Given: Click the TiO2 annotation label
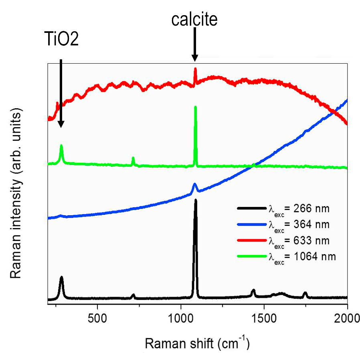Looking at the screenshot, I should (61, 40).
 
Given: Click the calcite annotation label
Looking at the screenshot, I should (194, 20).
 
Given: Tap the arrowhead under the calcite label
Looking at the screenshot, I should (195, 58).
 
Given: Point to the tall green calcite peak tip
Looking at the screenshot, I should (195, 107).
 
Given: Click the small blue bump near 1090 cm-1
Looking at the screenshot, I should (195, 184).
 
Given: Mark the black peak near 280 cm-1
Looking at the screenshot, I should (61, 277).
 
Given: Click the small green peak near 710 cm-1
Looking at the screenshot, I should (133, 158).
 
